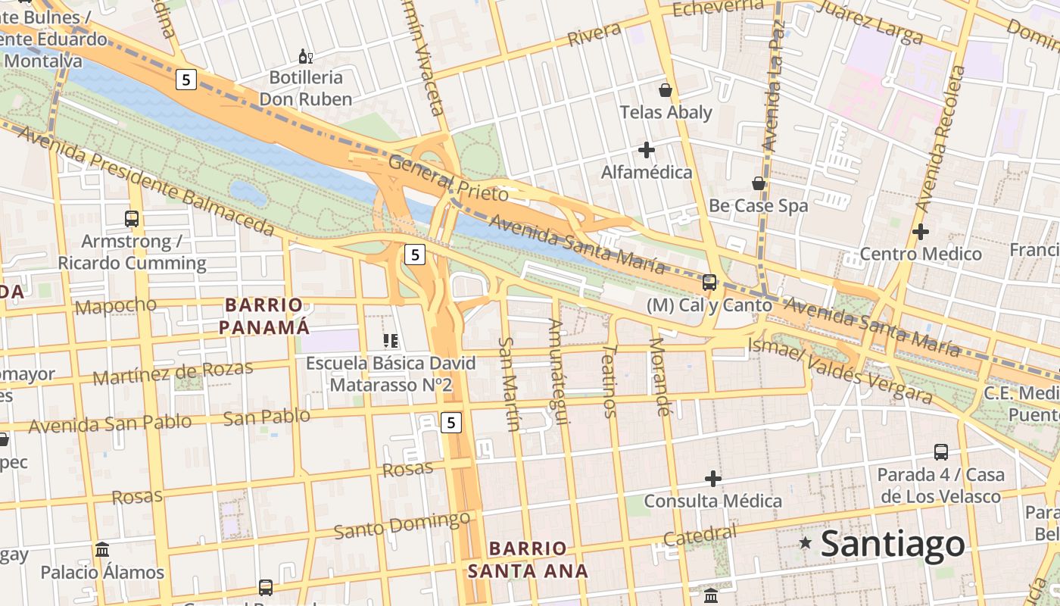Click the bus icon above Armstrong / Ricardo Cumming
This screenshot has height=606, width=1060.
point(132,219)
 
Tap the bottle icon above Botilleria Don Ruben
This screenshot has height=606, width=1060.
point(306,56)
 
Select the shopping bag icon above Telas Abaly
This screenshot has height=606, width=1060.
point(666,90)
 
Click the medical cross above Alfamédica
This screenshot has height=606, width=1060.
point(646,150)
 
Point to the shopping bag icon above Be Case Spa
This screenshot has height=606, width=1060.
point(758,183)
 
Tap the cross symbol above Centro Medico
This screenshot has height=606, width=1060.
point(920,232)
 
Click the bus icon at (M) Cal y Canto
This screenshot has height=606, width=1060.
point(709,283)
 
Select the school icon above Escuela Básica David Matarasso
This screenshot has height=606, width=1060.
point(391,341)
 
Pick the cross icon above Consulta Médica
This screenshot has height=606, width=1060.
point(712,479)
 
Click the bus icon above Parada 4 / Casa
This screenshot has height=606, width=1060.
point(940,452)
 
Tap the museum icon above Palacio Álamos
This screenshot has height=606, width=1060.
point(102,549)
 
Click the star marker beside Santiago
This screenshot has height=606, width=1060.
point(806,542)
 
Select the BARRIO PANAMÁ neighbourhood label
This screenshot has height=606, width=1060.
point(263,316)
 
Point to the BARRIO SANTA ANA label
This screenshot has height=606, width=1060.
point(528,559)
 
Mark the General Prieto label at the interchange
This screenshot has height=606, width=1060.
point(447,178)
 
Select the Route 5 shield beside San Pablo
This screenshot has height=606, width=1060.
point(450,422)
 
